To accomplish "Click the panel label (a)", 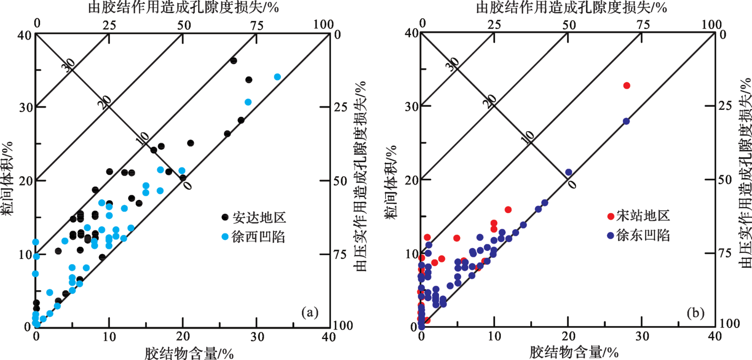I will [310, 312].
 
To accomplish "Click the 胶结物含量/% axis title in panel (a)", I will [189, 353].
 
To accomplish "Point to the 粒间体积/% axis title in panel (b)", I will [391, 182].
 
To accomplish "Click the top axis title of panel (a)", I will [183, 7].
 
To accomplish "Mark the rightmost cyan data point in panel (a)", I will [277, 77].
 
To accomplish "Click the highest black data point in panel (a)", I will [233, 61].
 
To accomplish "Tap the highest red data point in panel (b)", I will [627, 85].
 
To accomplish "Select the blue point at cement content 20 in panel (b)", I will [569, 172].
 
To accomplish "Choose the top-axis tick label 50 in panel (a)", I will [184, 25].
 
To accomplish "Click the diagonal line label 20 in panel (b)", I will [490, 101].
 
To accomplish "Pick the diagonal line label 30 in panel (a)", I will [68, 65].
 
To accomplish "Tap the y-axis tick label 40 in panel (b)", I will [412, 33].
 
